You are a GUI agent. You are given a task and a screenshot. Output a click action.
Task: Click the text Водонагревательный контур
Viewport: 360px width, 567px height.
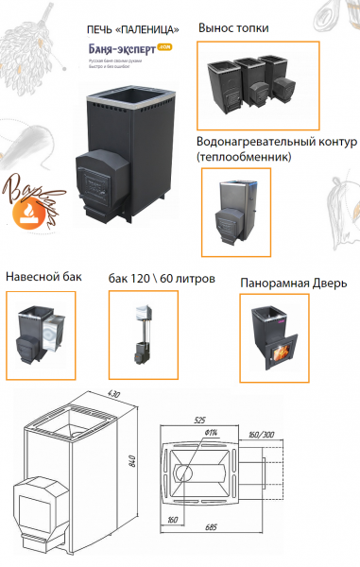(276, 141)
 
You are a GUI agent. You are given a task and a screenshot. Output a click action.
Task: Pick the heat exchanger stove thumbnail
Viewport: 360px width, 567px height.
(236, 211)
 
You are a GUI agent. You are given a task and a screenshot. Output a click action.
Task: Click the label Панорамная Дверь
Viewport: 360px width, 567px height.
(287, 282)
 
